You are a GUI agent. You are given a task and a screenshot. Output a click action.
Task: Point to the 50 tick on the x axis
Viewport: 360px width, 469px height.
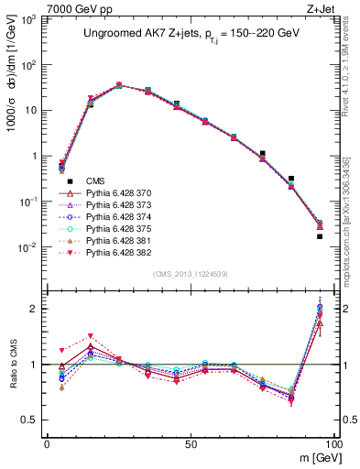click(190, 443)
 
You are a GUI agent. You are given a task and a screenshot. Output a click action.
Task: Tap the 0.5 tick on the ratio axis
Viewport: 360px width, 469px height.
click(31, 420)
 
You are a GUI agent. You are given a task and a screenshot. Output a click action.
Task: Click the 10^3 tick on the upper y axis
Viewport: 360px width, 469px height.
click(29, 19)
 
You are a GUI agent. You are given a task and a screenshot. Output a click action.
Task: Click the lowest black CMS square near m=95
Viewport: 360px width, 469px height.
click(320, 236)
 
